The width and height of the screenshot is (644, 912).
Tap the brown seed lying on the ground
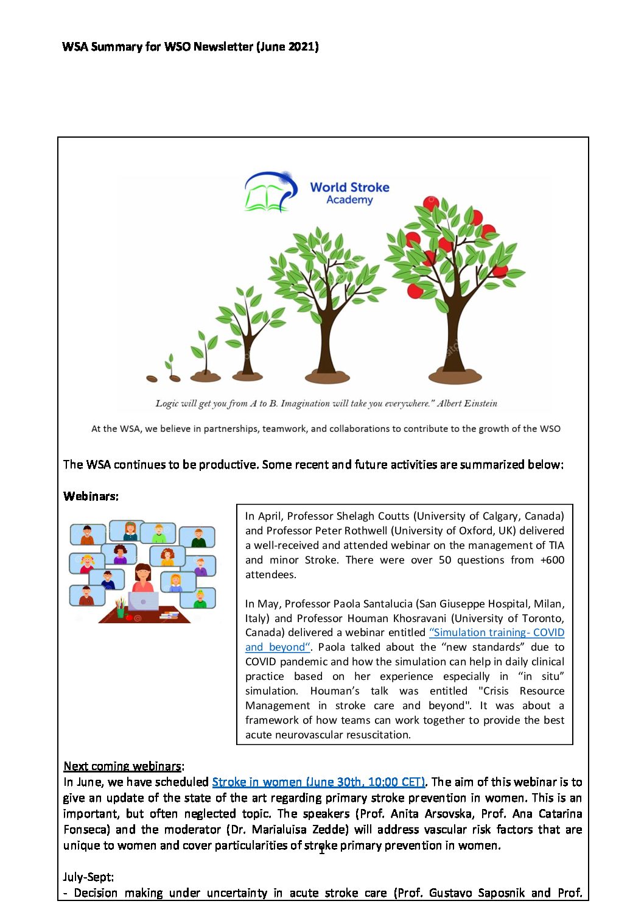152,378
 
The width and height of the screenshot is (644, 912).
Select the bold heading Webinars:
91,497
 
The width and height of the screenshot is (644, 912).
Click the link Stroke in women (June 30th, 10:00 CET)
318,782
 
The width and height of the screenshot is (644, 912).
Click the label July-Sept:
88,877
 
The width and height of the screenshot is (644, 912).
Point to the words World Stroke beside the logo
349,188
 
